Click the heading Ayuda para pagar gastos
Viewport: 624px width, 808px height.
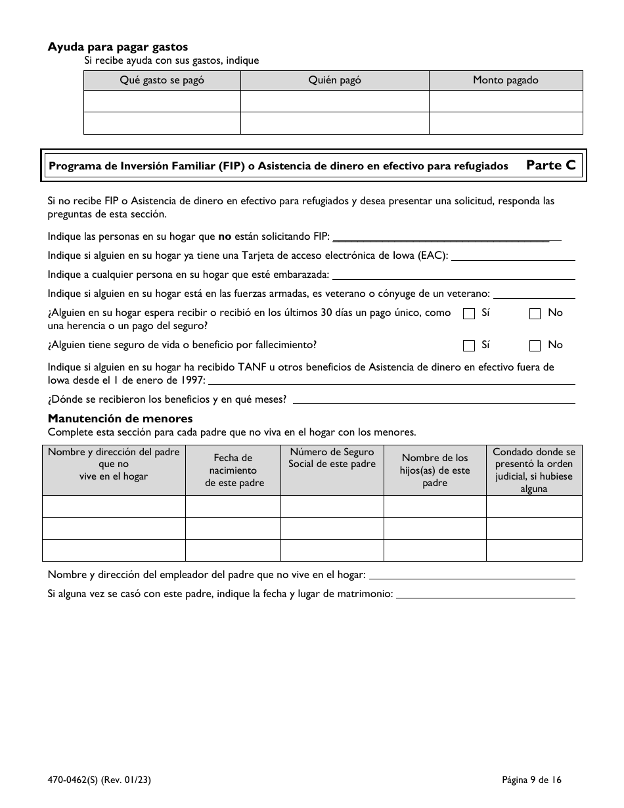(x=118, y=47)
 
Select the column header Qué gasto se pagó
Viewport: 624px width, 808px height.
(x=162, y=80)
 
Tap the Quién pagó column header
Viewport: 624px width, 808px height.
(x=334, y=80)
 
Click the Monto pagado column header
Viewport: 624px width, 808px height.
(x=505, y=80)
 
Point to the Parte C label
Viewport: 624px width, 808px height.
(x=550, y=166)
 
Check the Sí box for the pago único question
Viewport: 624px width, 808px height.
(x=469, y=314)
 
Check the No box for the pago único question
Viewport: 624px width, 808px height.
(x=535, y=314)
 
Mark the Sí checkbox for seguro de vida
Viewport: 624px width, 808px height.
(x=469, y=346)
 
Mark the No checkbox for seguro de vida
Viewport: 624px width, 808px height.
(x=535, y=346)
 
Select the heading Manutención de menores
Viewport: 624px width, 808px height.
(x=120, y=418)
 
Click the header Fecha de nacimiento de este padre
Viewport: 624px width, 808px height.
(x=233, y=470)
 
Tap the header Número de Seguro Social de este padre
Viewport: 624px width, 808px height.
(x=332, y=458)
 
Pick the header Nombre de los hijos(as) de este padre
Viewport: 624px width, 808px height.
(x=435, y=470)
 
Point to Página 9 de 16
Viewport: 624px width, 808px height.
(x=531, y=780)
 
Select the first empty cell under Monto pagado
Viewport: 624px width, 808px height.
(x=505, y=101)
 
